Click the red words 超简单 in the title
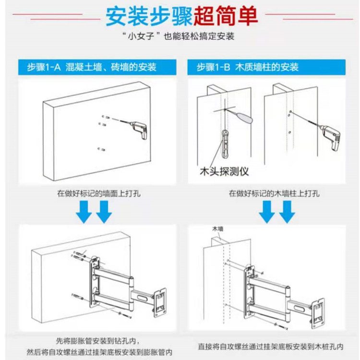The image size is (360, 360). click(x=226, y=16)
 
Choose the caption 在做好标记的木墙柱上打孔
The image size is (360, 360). click(x=274, y=194)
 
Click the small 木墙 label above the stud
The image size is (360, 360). click(x=218, y=230)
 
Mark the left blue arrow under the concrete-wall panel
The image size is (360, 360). click(x=85, y=212)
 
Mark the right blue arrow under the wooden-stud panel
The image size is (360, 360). click(x=287, y=212)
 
